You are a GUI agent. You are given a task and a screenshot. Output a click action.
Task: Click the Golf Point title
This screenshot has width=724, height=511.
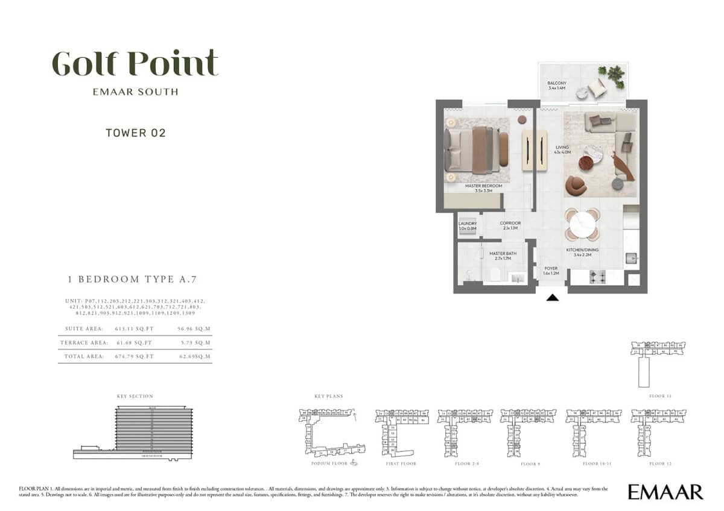pyautogui.click(x=135, y=63)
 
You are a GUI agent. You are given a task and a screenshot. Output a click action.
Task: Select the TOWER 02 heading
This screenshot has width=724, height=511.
pyautogui.click(x=135, y=133)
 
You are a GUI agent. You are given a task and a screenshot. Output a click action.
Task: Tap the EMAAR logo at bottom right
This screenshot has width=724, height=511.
pyautogui.click(x=665, y=492)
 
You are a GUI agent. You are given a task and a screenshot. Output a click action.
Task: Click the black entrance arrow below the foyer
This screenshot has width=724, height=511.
pyautogui.click(x=553, y=296)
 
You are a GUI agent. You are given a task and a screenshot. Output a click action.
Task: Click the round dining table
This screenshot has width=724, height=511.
pyautogui.click(x=582, y=224)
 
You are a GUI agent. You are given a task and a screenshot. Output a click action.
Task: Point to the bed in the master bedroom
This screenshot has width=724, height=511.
pyautogui.click(x=474, y=149)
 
